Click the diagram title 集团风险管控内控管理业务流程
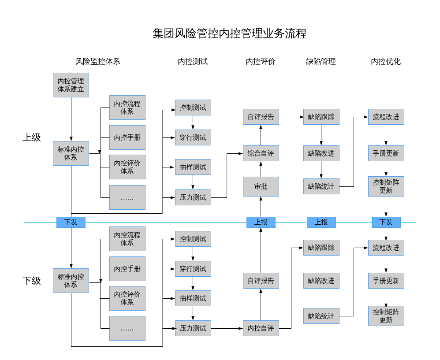[229, 34]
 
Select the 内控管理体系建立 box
[71, 85]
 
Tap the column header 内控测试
[193, 62]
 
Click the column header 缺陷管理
[321, 62]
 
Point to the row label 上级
[32, 137]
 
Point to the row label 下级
[32, 281]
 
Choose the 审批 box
[261, 186]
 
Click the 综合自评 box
[261, 153]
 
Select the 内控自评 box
[261, 328]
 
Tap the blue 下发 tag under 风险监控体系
[71, 222]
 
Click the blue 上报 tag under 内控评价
[261, 222]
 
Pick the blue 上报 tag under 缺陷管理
[321, 222]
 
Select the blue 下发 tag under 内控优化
[386, 222]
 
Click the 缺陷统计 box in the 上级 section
[321, 186]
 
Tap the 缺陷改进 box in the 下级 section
[321, 281]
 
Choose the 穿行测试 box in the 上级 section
[193, 137]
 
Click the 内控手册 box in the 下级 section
[127, 269]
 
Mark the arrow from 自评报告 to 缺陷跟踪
[291, 117]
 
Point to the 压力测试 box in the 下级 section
[193, 328]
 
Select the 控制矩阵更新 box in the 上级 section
[386, 186]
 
